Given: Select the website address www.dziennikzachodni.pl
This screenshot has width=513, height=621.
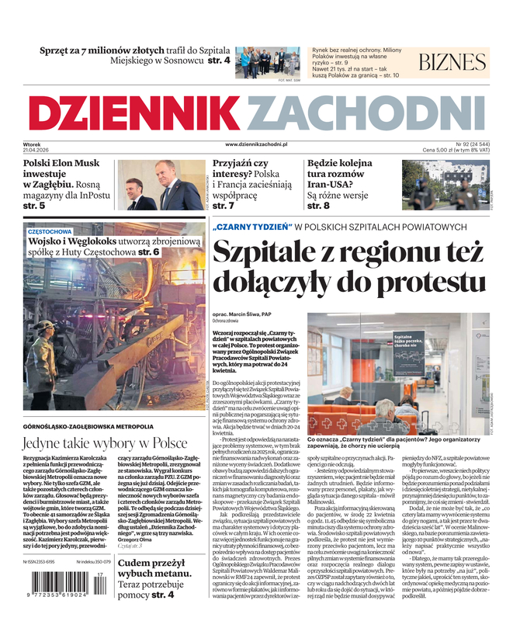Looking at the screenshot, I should click(256, 144).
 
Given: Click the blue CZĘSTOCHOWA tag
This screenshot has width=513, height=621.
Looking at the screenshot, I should click(50, 231).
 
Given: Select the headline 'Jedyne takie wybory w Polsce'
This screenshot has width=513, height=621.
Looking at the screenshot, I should click(105, 442).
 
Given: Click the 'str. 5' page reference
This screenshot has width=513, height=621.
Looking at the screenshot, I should click(34, 206).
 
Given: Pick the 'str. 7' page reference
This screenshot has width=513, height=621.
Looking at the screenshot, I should click(224, 206).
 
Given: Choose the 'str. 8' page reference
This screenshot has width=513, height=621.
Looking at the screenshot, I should click(320, 206).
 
